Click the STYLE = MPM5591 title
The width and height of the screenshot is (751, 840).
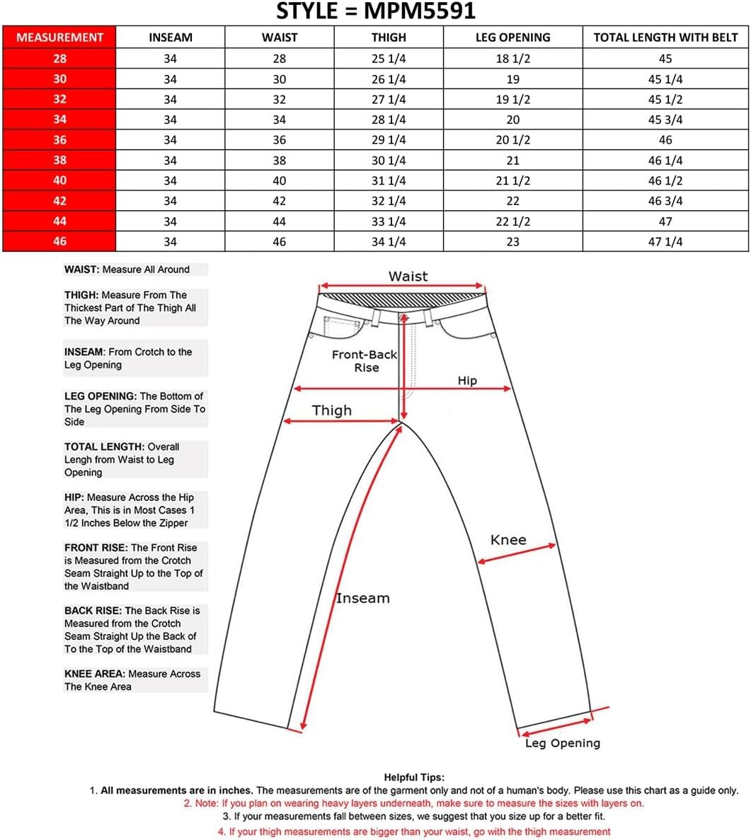375,11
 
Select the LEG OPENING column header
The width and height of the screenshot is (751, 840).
512,38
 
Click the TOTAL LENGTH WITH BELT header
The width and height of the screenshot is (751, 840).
665,38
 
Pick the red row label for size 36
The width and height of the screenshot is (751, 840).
59,140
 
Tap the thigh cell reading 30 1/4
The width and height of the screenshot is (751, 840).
389,161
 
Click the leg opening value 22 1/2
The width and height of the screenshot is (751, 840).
512,221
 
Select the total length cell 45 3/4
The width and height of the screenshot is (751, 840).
665,120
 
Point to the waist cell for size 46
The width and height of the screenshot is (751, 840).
280,242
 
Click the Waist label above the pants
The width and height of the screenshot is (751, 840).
408,276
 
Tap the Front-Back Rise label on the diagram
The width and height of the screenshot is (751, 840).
365,361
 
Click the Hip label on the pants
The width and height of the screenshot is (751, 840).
467,381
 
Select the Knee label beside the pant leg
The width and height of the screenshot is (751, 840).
508,540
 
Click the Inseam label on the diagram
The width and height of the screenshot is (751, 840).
362,598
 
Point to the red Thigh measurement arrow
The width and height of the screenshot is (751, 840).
340,422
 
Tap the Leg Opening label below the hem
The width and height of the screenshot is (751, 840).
562,743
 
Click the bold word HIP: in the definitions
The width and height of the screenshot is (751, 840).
74,497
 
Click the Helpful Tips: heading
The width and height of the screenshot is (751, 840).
414,777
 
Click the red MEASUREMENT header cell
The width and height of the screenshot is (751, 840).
59,38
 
